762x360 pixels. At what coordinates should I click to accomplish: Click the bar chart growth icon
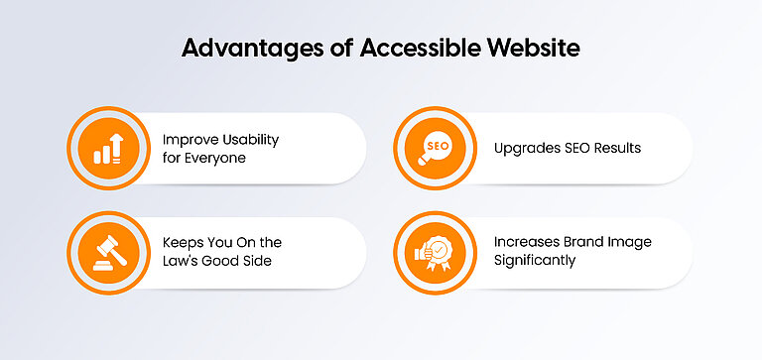point(107,148)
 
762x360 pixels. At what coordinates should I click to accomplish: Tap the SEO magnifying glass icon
point(436,148)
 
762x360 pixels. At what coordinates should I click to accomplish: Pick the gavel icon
point(107,252)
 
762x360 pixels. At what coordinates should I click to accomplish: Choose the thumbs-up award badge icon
point(436,252)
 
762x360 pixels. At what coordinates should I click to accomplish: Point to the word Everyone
point(219,158)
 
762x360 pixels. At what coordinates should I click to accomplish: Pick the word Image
point(634,243)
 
